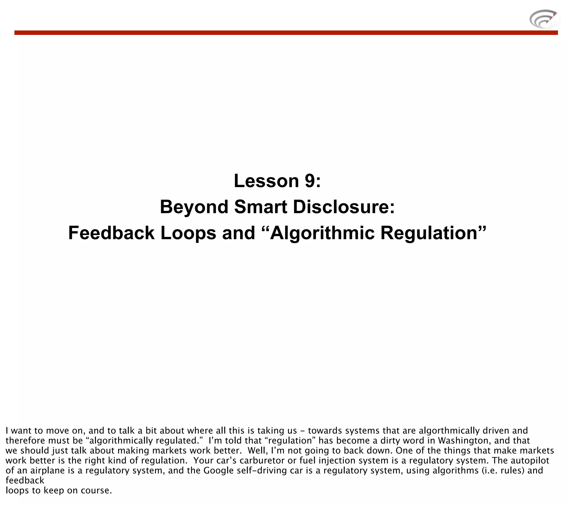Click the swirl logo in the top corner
pos(544,19)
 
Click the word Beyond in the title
pos(194,207)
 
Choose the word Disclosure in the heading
pos(344,207)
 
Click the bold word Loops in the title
pos(188,233)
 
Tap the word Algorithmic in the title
pos(322,233)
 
